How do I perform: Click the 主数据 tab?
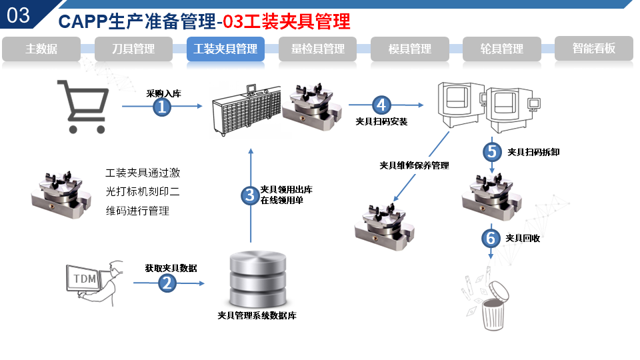pos(41,49)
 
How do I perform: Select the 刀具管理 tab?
pos(133,49)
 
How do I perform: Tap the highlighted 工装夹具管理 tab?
pos(225,49)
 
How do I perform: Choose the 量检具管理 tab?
pos(318,49)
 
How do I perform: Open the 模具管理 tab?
pos(410,49)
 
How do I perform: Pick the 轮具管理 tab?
pos(502,49)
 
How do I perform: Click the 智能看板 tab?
pos(593,49)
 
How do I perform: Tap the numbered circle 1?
pos(163,107)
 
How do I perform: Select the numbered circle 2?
pos(167,283)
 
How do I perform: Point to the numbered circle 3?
pos(250,195)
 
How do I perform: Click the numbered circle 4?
pos(381,105)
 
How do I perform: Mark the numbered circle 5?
pos(492,151)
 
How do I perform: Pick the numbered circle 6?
pos(491,238)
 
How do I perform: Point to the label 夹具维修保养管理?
pos(414,165)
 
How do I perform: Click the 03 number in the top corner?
pos(19,15)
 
